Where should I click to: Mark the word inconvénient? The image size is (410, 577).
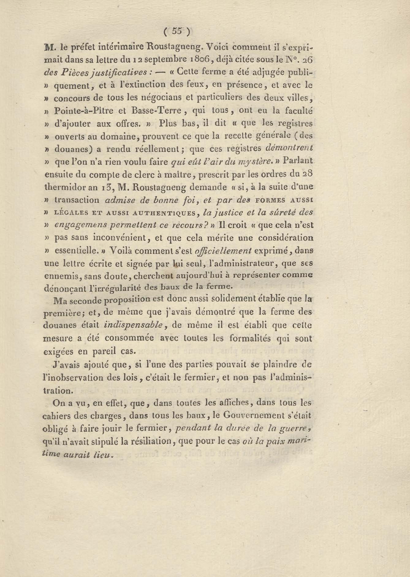(122, 238)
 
